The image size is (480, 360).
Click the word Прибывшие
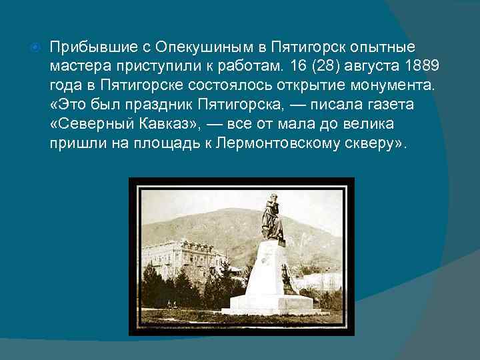[x=85, y=48]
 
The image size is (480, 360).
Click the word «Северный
[x=86, y=124]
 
